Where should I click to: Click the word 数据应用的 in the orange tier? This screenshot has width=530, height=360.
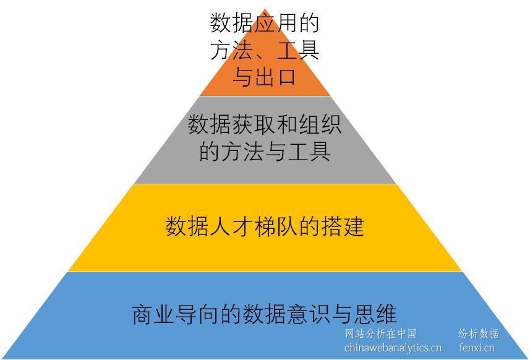(264, 24)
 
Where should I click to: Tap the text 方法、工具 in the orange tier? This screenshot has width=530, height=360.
(264, 51)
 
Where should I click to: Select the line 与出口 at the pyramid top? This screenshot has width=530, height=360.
(264, 77)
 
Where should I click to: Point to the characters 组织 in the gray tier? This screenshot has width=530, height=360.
(319, 126)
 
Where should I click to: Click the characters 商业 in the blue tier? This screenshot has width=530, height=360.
(153, 315)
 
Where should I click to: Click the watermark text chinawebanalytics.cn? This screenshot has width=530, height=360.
(393, 348)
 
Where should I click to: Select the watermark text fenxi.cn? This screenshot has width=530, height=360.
(477, 348)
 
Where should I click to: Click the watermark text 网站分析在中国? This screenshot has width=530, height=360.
(380, 334)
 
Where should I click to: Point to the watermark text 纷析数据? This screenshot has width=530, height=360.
(478, 334)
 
